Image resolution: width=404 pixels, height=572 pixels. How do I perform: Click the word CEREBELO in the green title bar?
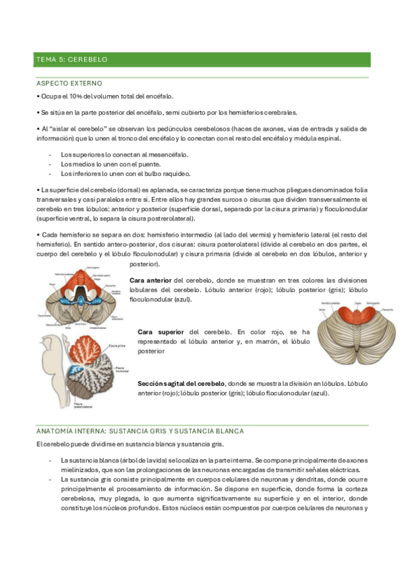pyautogui.click(x=88, y=60)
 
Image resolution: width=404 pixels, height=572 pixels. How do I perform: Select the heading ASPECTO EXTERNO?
pyautogui.click(x=69, y=83)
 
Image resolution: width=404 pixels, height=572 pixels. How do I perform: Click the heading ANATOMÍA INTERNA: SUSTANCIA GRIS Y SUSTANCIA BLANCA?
pyautogui.click(x=140, y=430)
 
